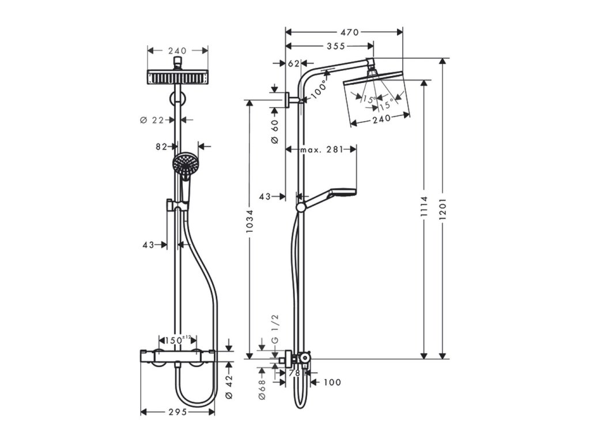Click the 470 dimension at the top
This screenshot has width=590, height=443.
tap(350, 32)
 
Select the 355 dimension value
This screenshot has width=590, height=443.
tap(336, 46)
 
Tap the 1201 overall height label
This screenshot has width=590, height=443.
tap(442, 209)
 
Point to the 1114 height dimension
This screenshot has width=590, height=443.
tap(425, 206)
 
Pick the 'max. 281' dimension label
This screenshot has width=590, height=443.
tap(322, 149)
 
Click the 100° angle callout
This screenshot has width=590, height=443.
tap(319, 89)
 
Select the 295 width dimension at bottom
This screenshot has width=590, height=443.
tap(177, 412)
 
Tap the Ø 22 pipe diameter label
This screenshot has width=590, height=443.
tap(152, 120)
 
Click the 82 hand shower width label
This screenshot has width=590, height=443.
tap(161, 147)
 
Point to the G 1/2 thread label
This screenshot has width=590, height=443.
tap(275, 328)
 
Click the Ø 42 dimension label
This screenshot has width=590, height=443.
tap(229, 387)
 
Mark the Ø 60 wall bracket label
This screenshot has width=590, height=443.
tap(275, 132)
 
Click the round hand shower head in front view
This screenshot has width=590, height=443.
tap(185, 163)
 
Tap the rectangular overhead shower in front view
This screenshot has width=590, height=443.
tap(177, 77)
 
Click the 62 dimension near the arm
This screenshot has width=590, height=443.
tap(293, 63)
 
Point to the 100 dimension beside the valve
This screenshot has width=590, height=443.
tap(332, 382)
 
